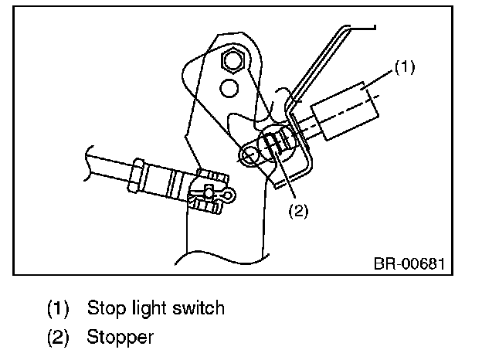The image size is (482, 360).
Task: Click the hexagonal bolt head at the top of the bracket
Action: click(x=232, y=59)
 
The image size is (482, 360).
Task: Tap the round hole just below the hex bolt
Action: click(x=228, y=88)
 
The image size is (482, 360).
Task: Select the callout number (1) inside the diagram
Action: click(x=405, y=68)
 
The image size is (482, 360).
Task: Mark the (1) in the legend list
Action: click(x=59, y=309)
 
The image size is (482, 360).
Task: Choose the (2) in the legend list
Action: click(x=59, y=337)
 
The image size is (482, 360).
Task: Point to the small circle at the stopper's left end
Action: click(x=250, y=155)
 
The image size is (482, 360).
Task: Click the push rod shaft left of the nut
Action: click(x=108, y=165)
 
